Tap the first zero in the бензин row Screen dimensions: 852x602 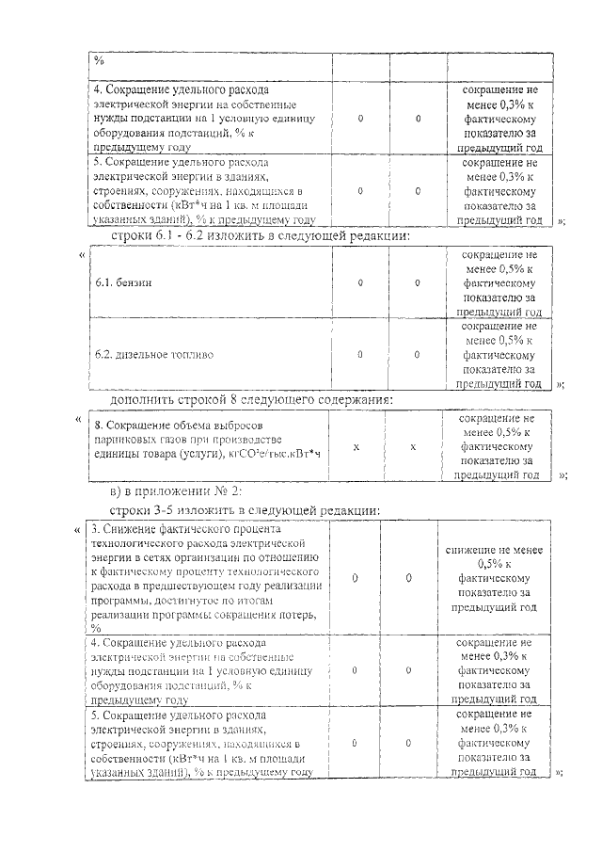361,282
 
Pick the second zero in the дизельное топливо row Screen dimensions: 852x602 418,355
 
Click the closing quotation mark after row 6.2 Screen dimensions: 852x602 561,385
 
